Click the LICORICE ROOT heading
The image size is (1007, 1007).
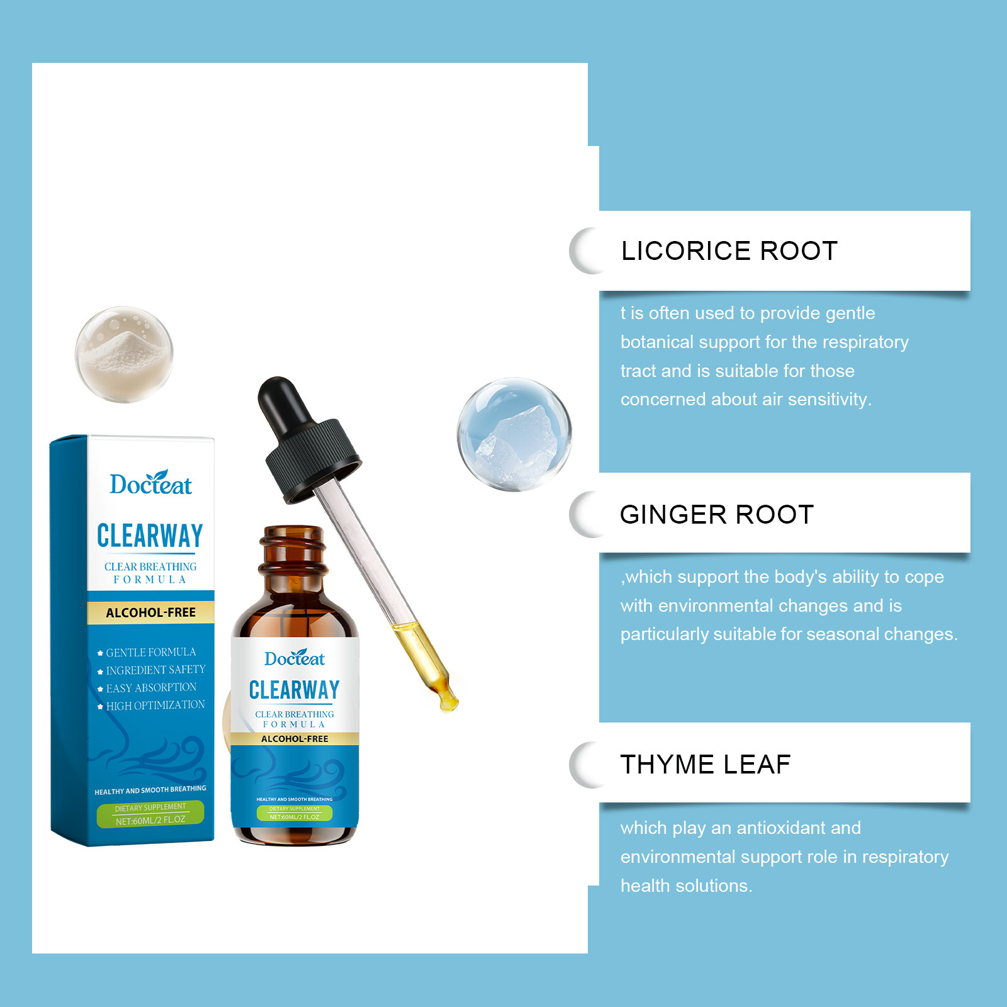(x=729, y=251)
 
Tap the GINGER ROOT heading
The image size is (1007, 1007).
(x=717, y=515)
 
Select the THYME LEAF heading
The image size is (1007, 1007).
(x=706, y=765)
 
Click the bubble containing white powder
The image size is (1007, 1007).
(x=124, y=354)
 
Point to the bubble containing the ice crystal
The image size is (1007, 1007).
(x=514, y=434)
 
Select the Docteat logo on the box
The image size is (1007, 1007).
(x=150, y=483)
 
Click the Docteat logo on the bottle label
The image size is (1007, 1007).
(x=295, y=658)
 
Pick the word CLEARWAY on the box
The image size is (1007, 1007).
(x=150, y=536)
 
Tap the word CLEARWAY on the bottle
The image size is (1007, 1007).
(x=294, y=690)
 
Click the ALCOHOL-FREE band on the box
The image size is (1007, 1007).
(x=150, y=612)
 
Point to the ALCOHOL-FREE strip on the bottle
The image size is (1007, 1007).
(x=295, y=739)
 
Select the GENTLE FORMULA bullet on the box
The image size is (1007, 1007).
(x=147, y=653)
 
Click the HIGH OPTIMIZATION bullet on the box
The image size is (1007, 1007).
(x=151, y=706)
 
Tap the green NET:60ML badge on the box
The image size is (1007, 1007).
(x=150, y=814)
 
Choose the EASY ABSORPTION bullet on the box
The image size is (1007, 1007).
(x=147, y=688)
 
